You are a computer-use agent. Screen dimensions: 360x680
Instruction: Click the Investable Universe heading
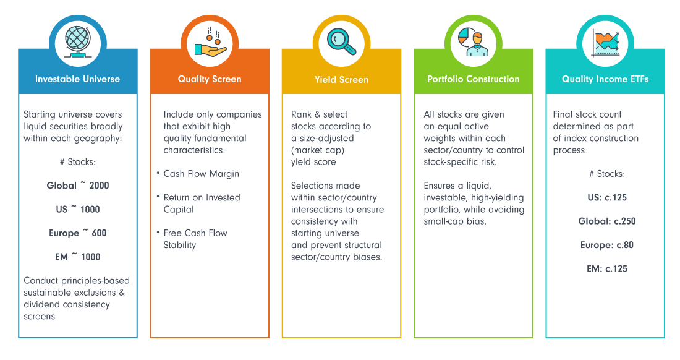pyautogui.click(x=78, y=79)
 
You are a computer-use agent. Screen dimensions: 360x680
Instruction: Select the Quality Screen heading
pyautogui.click(x=210, y=79)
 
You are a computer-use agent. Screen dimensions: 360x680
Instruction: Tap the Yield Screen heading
pyautogui.click(x=341, y=80)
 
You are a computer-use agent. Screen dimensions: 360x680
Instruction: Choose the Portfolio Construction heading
pyautogui.click(x=473, y=79)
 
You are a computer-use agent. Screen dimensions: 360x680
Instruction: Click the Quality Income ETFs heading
pyautogui.click(x=605, y=79)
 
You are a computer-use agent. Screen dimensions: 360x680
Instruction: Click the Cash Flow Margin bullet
pyautogui.click(x=201, y=174)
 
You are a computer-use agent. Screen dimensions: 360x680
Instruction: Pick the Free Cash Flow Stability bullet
pyautogui.click(x=195, y=239)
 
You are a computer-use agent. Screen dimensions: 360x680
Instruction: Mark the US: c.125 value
pyautogui.click(x=606, y=198)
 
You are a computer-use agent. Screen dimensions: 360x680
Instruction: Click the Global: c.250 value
pyautogui.click(x=606, y=221)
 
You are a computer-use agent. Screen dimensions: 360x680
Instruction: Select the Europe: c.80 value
pyautogui.click(x=606, y=245)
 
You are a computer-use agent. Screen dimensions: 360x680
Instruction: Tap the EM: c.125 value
pyautogui.click(x=606, y=268)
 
